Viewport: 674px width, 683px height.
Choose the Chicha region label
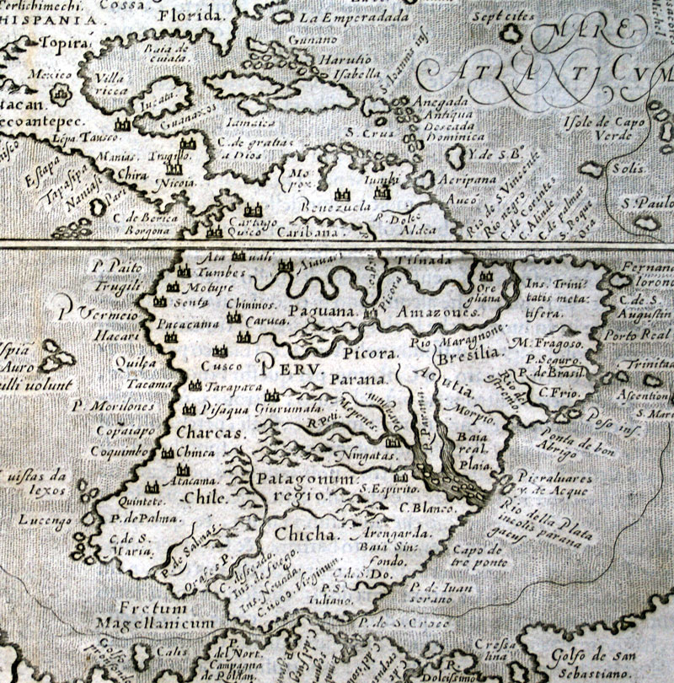point(303,534)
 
